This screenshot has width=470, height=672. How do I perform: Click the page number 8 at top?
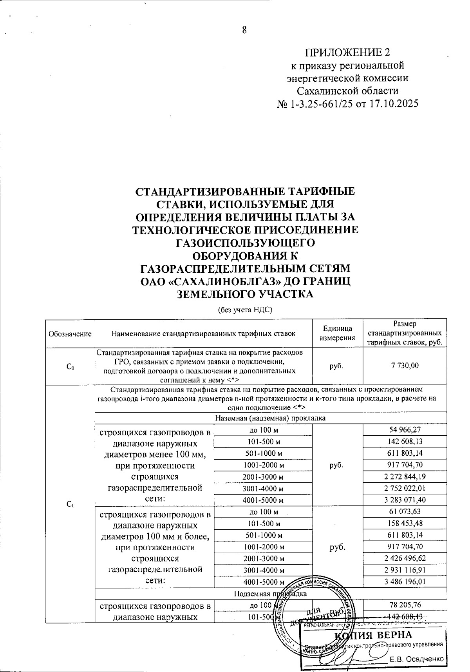[244, 30]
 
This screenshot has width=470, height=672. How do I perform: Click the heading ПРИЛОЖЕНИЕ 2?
[347, 53]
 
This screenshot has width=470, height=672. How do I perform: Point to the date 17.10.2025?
[393, 104]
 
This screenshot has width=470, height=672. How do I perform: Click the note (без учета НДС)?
[245, 310]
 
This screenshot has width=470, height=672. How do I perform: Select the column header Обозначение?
[70, 334]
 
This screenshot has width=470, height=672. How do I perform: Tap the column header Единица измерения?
[338, 333]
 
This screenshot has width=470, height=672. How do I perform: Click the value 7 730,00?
[405, 366]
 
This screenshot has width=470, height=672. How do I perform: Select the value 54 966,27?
[405, 430]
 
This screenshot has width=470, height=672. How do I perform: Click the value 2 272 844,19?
[405, 476]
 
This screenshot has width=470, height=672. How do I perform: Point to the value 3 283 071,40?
[405, 500]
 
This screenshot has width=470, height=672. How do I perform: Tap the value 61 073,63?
[405, 511]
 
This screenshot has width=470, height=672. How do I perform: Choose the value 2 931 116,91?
[405, 570]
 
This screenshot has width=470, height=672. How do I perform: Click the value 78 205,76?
[405, 605]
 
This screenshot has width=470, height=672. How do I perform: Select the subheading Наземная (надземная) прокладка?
[271, 418]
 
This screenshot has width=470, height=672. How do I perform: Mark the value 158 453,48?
[405, 523]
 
